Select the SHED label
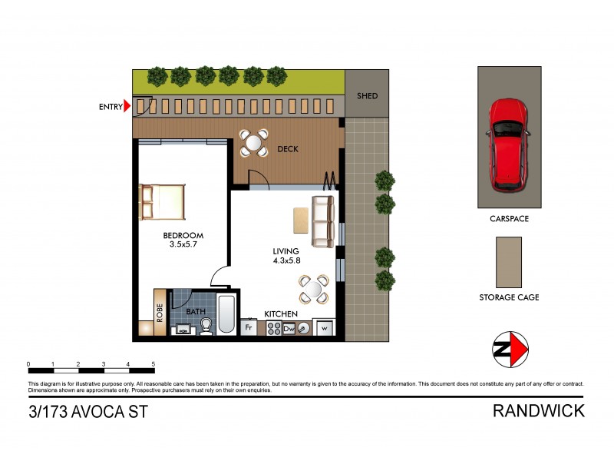point(367,97)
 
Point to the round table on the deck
point(253,142)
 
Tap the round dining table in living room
point(313,290)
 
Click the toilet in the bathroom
point(205,327)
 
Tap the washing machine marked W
point(324,328)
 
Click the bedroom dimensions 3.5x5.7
point(182,246)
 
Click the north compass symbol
point(510,350)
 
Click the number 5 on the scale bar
point(153,364)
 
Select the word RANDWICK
point(538,410)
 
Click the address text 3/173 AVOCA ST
point(87,411)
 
